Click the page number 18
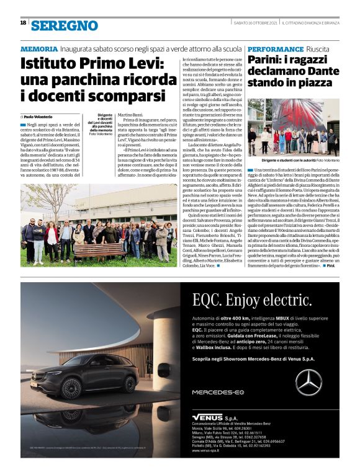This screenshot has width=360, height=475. point(23,23)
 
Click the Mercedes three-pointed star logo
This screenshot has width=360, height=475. point(308,381)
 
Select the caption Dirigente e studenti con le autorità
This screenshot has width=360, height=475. point(287,160)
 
